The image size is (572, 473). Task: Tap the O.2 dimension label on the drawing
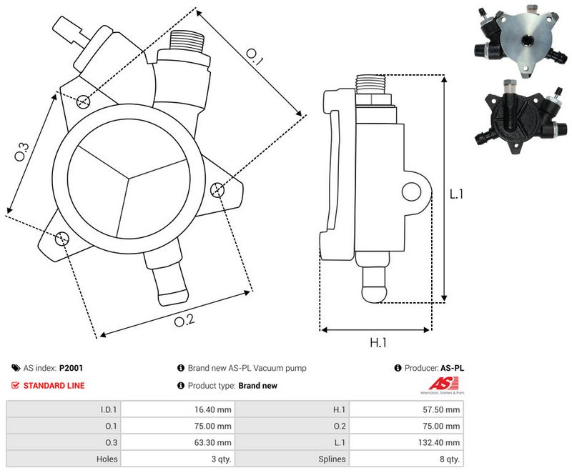pos(184,320)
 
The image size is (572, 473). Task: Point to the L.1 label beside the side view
pos(457,194)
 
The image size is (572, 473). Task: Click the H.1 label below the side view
pos(378,343)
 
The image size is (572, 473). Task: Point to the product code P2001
pos(71,369)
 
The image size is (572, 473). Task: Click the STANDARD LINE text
pos(54,386)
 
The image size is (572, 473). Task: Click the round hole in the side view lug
pos(412,191)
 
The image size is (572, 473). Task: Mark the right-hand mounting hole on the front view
pos(218,189)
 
